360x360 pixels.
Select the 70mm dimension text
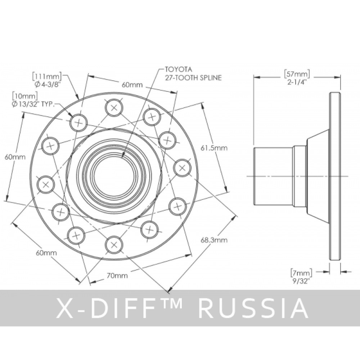pos(117,276)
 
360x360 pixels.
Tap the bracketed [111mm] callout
pos(47,76)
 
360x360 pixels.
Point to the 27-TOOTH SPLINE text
pos(193,77)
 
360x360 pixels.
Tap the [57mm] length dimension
pos(297,74)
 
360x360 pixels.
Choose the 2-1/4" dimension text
pos(297,82)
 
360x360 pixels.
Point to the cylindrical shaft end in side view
pos(273,176)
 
